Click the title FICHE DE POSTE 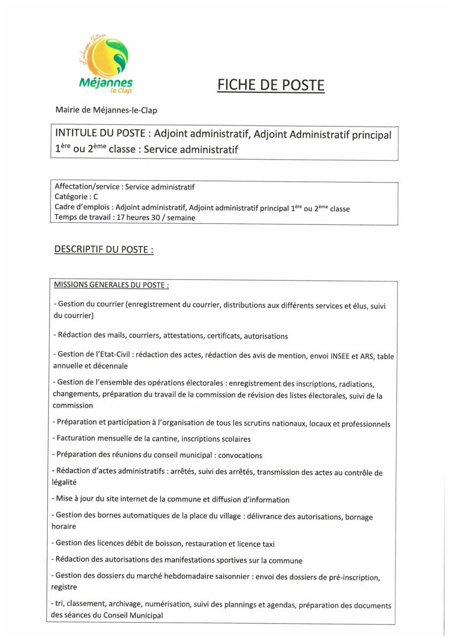pos(270,85)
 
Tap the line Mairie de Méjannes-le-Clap pos(106,110)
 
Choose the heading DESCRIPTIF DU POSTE pos(104,249)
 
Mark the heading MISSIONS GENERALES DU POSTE pos(111,285)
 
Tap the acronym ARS pos(368,356)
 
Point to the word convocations pos(240,456)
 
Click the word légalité pos(65,482)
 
